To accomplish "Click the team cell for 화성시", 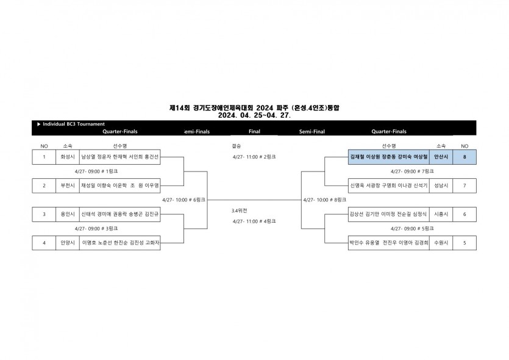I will click(66, 157).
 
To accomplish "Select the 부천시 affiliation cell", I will click(66, 185).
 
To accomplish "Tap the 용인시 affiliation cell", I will click(66, 214).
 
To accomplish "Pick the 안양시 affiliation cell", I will click(66, 242).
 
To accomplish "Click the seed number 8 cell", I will click(465, 157).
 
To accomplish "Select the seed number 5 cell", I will click(465, 242).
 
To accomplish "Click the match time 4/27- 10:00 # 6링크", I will click(183, 200).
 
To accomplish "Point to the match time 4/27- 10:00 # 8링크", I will click(324, 200).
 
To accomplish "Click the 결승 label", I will click(237, 146).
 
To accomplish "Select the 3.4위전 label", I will click(239, 211).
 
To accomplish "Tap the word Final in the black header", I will click(255, 131).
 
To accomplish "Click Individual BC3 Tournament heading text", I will click(73, 124).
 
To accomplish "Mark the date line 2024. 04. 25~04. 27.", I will click(254, 114).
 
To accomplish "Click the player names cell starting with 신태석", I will click(120, 214).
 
